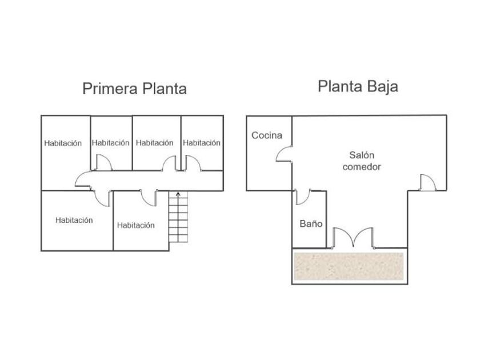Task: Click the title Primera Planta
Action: pos(134,89)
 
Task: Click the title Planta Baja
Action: pos(358,87)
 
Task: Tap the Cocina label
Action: pos(267,135)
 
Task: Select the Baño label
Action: pos(311,224)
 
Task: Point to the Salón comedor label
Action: pos(365,161)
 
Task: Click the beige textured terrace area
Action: pos(349,267)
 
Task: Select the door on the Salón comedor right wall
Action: pos(427,182)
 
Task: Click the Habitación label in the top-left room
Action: pos(63,143)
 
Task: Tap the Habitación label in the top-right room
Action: pos(202,143)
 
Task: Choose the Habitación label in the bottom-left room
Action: pos(74,220)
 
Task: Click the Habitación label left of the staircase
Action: pos(136,225)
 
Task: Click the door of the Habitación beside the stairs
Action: pos(149,198)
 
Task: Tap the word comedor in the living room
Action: pos(366,167)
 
